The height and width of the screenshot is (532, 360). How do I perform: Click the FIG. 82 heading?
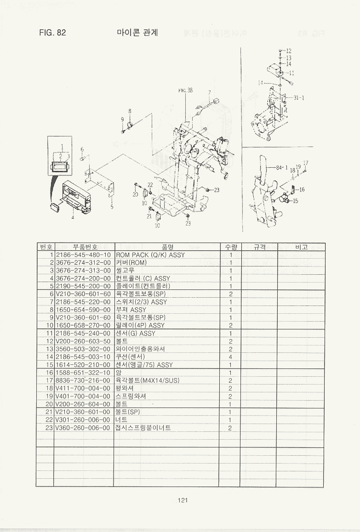point(53,33)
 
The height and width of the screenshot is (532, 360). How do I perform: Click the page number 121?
point(183,500)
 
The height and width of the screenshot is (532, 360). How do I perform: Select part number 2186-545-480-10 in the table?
point(83,255)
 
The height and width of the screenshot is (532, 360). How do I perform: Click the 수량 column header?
point(230,247)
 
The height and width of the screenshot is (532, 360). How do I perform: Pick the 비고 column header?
point(301,247)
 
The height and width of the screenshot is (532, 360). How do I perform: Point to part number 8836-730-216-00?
point(83,380)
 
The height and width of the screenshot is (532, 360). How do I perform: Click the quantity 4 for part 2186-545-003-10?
point(230,357)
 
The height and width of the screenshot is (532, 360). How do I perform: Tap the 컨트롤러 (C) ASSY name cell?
point(143,278)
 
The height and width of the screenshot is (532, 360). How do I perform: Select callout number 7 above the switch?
point(209,92)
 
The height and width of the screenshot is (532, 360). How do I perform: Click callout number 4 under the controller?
point(72,217)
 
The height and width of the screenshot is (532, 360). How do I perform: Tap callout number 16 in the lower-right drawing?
point(302,189)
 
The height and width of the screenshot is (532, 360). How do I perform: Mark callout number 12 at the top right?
point(289,51)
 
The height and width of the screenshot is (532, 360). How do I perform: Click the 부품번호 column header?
point(83,247)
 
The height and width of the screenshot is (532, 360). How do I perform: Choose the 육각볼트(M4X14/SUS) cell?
point(147,380)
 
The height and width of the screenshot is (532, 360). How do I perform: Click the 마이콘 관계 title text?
point(137,33)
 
